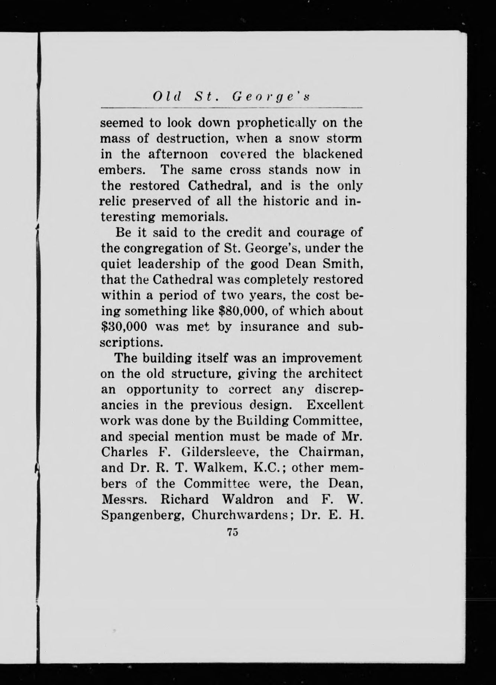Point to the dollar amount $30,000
click(124, 327)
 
